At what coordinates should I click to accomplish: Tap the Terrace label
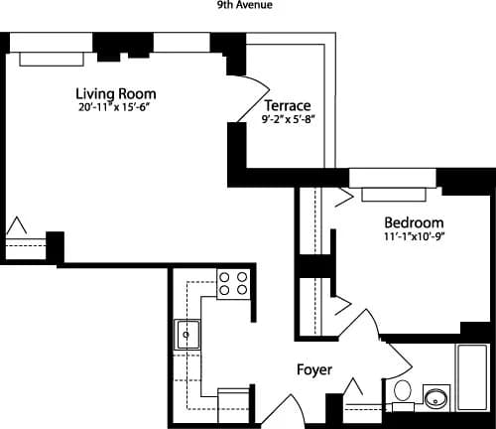pyautogui.click(x=288, y=106)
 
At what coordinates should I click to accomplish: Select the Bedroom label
pyautogui.click(x=413, y=222)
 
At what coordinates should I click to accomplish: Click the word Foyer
pyautogui.click(x=313, y=370)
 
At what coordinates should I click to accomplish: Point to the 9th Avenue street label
pyautogui.click(x=245, y=5)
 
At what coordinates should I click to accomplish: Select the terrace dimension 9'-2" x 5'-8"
pyautogui.click(x=287, y=121)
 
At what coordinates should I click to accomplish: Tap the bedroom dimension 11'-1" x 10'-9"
pyautogui.click(x=413, y=237)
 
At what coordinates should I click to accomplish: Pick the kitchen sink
pyautogui.click(x=188, y=335)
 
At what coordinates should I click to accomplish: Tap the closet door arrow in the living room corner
pyautogui.click(x=18, y=229)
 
